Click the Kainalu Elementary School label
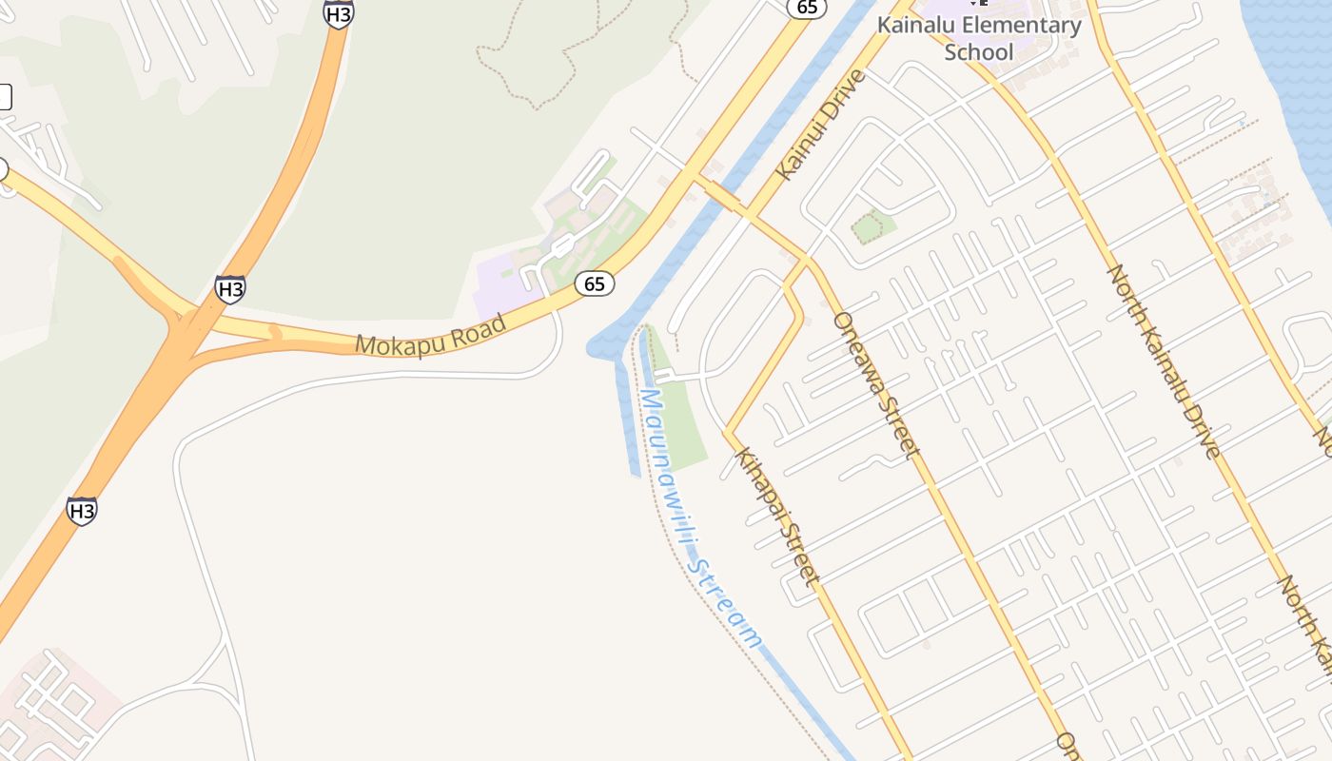coord(979,38)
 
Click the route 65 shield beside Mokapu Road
coord(595,283)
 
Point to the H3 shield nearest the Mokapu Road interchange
coord(229,289)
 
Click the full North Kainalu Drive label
coord(1162,361)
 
